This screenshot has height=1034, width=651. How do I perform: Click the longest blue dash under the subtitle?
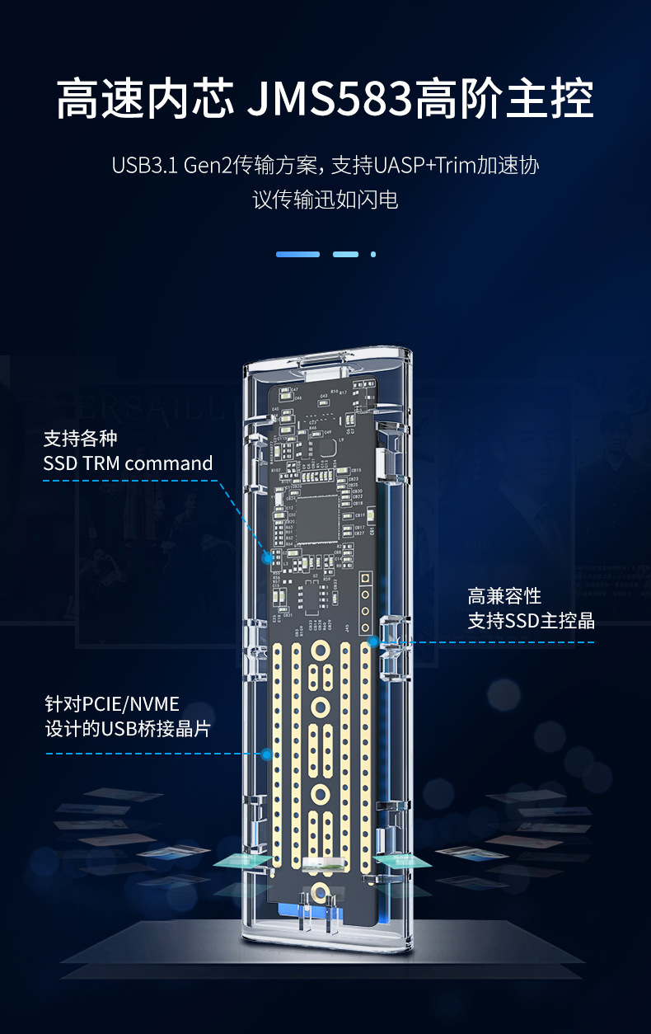pyautogui.click(x=297, y=254)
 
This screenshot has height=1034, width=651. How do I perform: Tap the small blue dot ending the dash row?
pyautogui.click(x=373, y=254)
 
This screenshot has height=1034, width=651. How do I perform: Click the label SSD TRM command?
pyautogui.click(x=128, y=463)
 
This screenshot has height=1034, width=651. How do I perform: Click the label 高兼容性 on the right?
pyautogui.click(x=504, y=596)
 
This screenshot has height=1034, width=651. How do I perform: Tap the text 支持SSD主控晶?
pyautogui.click(x=531, y=621)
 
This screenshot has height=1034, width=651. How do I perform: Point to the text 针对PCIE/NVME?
pyautogui.click(x=111, y=705)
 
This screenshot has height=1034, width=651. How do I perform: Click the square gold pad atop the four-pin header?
pyautogui.click(x=365, y=579)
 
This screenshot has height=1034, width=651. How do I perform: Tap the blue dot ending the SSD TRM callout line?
pyautogui.click(x=267, y=558)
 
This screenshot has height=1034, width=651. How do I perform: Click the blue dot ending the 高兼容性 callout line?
pyautogui.click(x=373, y=641)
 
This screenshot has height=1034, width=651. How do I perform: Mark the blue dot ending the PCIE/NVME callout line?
pyautogui.click(x=266, y=754)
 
